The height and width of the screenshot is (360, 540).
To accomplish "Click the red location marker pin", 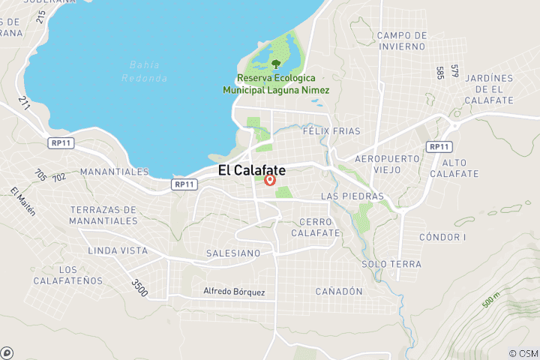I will [x=271, y=180].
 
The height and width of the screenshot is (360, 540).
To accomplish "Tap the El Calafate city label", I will [x=252, y=171].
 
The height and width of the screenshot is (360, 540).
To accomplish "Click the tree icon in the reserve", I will [x=276, y=64].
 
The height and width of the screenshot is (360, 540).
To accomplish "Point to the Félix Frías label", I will [x=327, y=130].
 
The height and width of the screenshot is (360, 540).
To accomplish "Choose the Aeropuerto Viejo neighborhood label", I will [x=386, y=165].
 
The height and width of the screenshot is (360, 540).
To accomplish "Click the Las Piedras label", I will [x=352, y=196].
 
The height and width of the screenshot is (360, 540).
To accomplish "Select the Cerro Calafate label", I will [x=319, y=227].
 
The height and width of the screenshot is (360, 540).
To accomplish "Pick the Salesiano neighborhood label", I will [x=233, y=253].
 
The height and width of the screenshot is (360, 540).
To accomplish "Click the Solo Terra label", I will [x=391, y=264].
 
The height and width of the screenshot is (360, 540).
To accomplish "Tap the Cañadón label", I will [x=339, y=291].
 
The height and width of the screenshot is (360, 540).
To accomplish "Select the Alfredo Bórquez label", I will [x=234, y=292].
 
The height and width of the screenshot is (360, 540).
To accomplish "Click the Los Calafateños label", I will [x=68, y=275].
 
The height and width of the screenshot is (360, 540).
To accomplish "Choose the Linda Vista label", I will [x=118, y=250].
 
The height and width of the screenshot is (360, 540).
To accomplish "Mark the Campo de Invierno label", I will [x=402, y=40].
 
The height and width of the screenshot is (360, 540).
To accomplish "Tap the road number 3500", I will [x=139, y=287].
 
